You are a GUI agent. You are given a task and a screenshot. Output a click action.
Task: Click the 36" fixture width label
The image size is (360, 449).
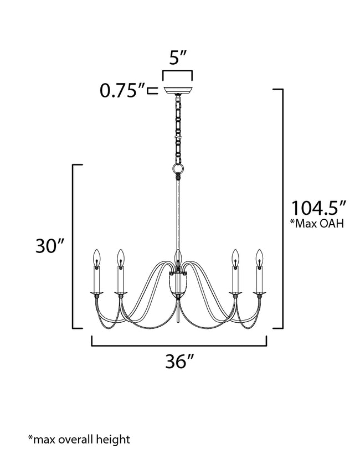click(x=179, y=362)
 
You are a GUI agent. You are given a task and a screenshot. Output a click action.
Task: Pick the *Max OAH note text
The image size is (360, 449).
click(x=317, y=224)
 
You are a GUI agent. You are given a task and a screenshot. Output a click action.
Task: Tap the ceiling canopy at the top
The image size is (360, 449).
click(x=177, y=91)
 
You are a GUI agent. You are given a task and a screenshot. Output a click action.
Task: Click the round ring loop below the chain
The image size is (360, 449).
click(x=177, y=168)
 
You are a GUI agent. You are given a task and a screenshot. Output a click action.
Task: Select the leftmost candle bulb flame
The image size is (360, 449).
click(x=97, y=256)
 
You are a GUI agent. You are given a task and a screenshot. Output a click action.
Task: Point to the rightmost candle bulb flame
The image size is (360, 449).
click(x=258, y=256)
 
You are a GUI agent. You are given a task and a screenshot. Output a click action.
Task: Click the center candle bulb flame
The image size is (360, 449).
click(x=178, y=256)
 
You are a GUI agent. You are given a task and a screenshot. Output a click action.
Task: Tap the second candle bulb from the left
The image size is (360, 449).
click(x=120, y=256)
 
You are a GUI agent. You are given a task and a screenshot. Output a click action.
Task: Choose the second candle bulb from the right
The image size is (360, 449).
click(x=235, y=256)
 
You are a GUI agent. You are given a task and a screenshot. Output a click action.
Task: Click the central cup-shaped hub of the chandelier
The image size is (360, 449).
click(x=177, y=285)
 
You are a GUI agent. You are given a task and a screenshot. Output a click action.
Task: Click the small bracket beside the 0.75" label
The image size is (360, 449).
click(x=151, y=90)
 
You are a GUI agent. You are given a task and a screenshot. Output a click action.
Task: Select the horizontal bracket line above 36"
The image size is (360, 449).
click(x=179, y=345)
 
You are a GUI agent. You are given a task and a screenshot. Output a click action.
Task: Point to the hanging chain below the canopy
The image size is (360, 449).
click(x=177, y=127)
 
